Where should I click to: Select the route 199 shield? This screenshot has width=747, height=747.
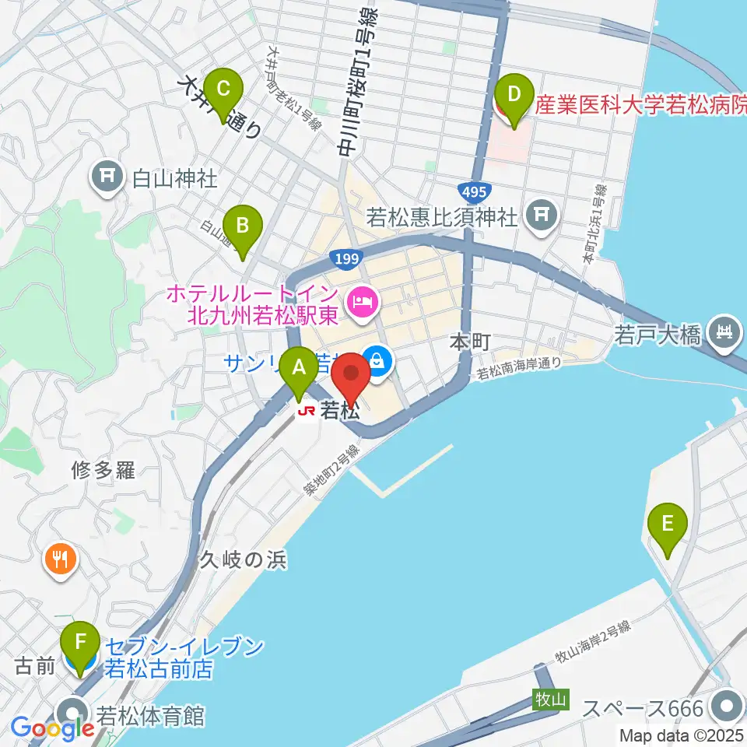pyautogui.click(x=342, y=258)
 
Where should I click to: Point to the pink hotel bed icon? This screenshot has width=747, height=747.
pyautogui.click(x=360, y=299)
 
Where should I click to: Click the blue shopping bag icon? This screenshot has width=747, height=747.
pyautogui.click(x=377, y=359)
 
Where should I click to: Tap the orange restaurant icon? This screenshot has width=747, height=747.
pyautogui.click(x=61, y=557)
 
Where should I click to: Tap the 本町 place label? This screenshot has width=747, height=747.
pyautogui.click(x=470, y=342)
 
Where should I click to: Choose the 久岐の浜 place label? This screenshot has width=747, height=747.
pyautogui.click(x=244, y=559)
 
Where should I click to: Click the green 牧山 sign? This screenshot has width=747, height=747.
pyautogui.click(x=549, y=699)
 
